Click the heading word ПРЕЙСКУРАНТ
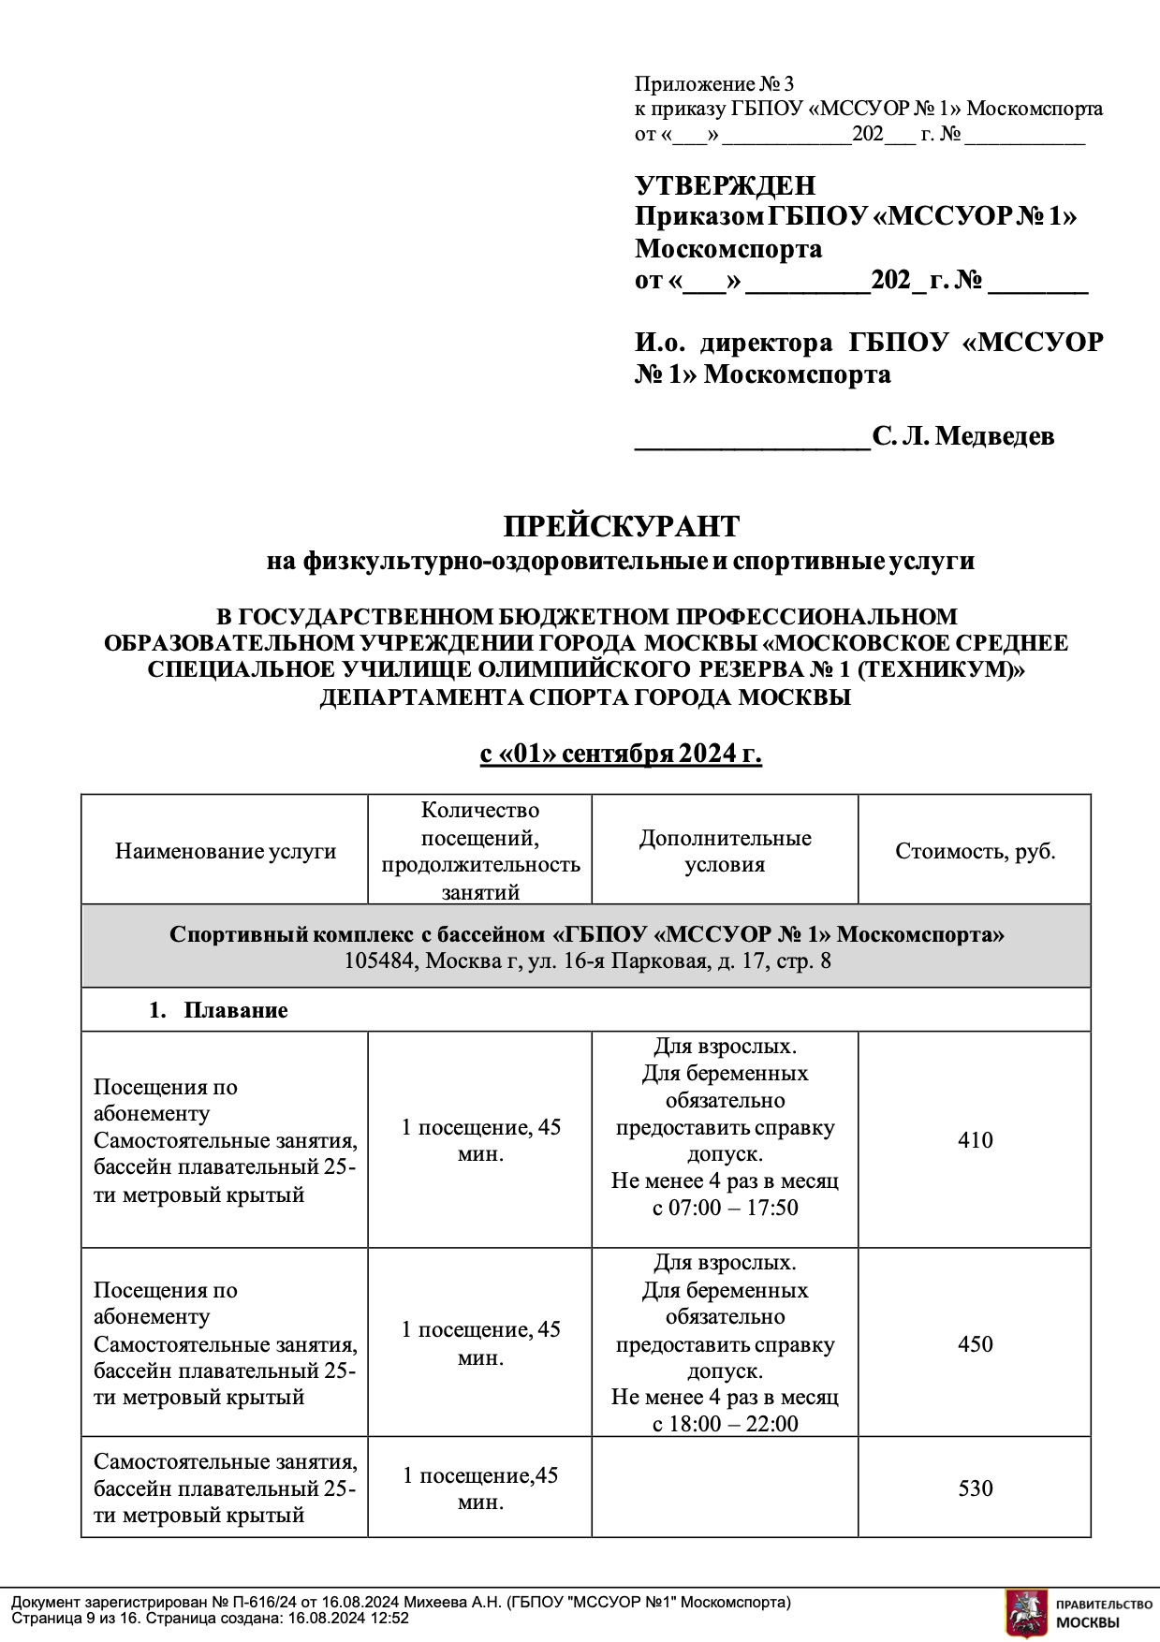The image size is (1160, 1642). pos(621,526)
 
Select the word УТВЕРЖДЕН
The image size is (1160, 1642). pos(725,185)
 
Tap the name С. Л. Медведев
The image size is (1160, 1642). pos(962,436)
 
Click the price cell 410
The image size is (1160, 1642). pos(975,1140)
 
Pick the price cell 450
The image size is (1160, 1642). pos(975,1344)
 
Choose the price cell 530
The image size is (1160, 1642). pos(975,1488)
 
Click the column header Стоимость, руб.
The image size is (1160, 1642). pos(975,851)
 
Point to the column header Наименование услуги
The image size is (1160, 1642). pos(225,851)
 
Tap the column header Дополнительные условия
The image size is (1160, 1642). pos(725,851)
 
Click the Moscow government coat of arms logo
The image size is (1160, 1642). pos(1025,1613)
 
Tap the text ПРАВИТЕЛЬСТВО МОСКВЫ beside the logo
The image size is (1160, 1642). pos(1102,1613)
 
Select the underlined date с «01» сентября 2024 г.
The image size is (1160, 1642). pos(621,755)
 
